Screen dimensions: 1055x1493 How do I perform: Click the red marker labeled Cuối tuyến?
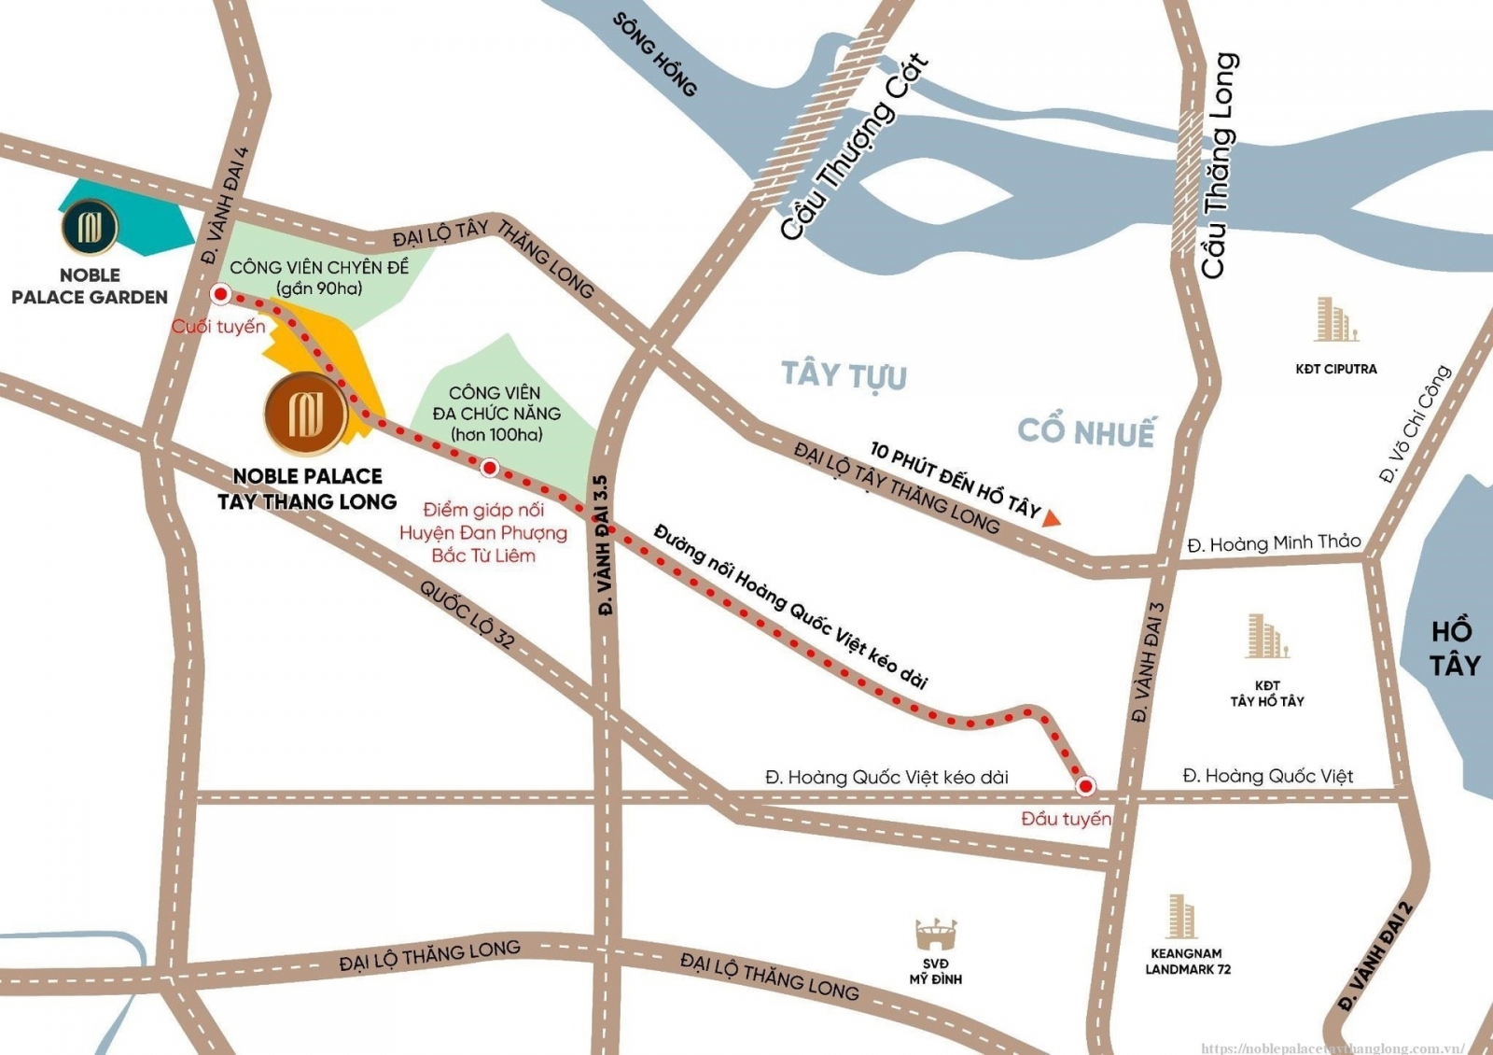point(220,294)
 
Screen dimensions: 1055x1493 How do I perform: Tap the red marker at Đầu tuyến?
point(1084,786)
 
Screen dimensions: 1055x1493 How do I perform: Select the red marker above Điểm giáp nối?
point(489,468)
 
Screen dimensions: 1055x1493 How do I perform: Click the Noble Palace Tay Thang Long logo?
point(306,414)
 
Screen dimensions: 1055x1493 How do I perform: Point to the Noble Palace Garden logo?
point(90,227)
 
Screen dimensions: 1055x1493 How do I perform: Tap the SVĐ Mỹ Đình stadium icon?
point(935,933)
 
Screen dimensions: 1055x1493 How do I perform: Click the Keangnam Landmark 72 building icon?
point(1179,916)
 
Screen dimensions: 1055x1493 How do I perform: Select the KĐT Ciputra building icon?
point(1335,319)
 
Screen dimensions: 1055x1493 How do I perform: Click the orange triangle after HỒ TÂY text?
point(1053,517)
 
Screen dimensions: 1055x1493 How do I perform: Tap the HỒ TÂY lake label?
point(1453,648)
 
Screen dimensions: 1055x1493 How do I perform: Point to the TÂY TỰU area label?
point(844,375)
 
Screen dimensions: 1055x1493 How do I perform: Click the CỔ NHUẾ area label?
point(1085,431)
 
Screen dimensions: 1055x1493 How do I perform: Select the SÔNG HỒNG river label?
point(655,54)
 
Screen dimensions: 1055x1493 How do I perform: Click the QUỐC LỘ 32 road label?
point(467,615)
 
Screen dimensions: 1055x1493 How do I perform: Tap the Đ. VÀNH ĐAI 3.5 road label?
point(603,545)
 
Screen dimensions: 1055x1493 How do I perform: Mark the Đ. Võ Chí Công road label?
point(1416,423)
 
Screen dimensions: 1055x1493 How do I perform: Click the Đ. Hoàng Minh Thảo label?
point(1274,542)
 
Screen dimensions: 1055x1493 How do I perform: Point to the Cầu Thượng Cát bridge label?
point(854,147)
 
